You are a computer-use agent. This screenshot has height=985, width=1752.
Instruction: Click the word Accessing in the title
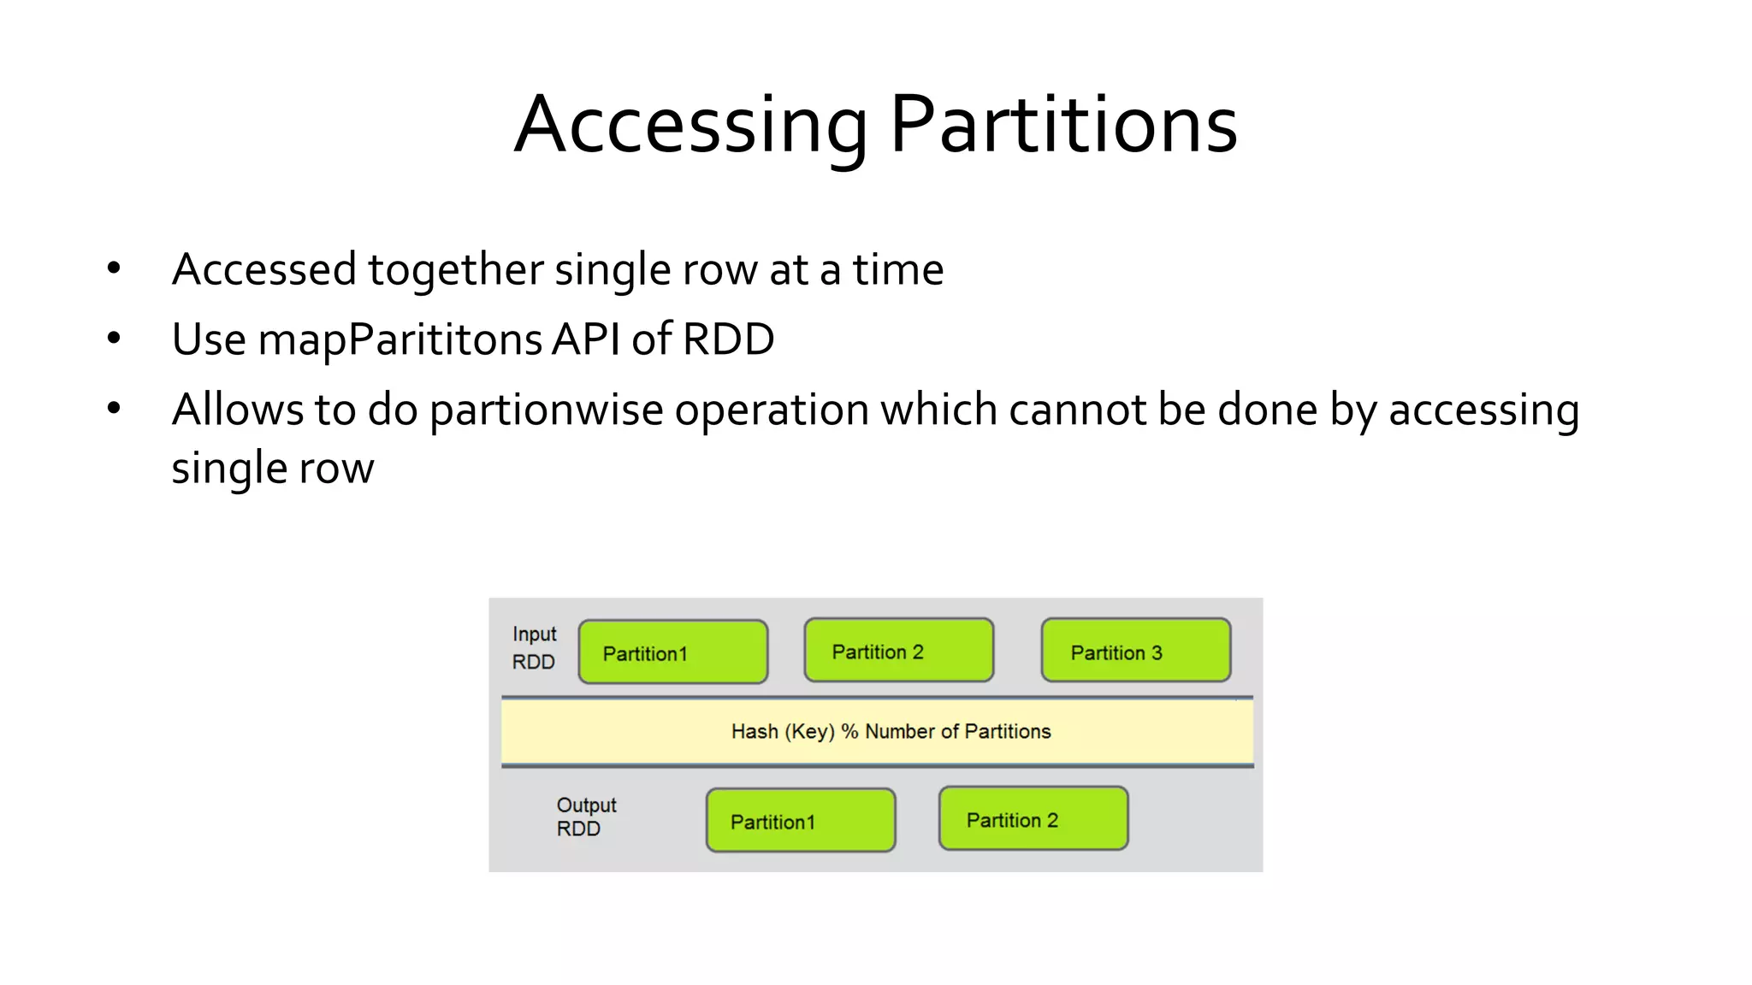coord(691,126)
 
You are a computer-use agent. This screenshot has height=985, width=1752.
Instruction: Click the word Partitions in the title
coord(1063,126)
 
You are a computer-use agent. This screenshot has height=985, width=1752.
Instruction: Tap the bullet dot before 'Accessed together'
coord(114,269)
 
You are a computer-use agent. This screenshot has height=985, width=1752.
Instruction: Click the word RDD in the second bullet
coord(728,339)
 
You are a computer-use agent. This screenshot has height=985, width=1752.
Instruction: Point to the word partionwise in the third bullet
coord(546,410)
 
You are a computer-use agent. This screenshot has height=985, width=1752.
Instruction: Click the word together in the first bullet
coord(455,270)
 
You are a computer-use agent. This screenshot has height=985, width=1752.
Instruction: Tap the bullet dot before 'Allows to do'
coord(114,409)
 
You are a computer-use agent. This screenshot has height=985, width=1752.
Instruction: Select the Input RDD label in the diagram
coord(534,648)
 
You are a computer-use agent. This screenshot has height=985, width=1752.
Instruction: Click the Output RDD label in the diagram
coord(585,817)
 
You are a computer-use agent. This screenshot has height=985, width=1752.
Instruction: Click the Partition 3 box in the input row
coord(1135,651)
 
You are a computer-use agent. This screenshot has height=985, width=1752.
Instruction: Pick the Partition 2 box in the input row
coord(898,651)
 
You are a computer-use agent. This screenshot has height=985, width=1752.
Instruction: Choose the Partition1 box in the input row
coord(672,652)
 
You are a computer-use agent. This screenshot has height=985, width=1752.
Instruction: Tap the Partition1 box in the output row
coord(800,821)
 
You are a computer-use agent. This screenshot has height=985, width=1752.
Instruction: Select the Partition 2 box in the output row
coord(1033,819)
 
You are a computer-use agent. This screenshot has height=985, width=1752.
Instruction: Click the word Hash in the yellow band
coord(754,732)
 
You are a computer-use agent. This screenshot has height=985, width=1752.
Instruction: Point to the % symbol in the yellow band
coord(849,732)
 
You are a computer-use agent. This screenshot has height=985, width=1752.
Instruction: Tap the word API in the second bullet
coord(585,339)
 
